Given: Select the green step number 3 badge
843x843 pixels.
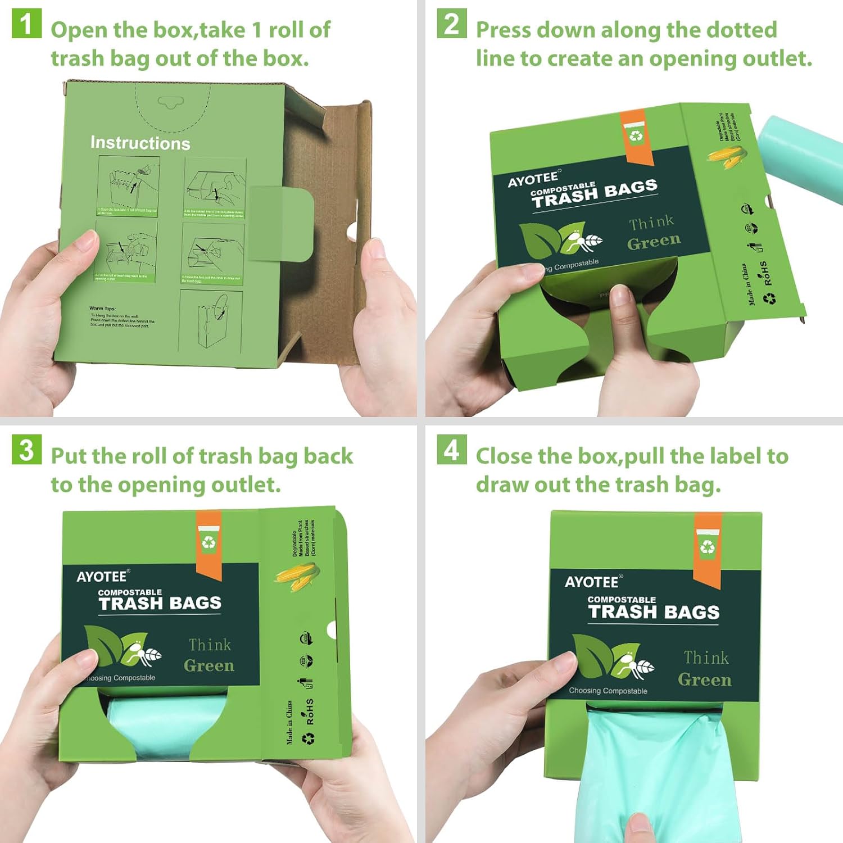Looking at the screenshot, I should click(x=26, y=450).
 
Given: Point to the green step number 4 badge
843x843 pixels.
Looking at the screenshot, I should click(x=451, y=450).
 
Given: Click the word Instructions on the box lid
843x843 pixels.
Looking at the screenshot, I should click(x=140, y=143).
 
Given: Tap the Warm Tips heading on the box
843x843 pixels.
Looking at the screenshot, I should click(x=102, y=309).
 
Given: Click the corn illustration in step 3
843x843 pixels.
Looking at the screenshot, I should click(x=297, y=575).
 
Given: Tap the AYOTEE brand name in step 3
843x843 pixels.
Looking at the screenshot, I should click(x=102, y=577).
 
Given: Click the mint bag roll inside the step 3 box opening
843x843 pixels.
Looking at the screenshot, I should click(x=166, y=722).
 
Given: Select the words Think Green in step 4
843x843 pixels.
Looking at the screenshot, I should click(x=705, y=669).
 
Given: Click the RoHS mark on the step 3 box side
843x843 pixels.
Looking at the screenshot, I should click(x=310, y=711).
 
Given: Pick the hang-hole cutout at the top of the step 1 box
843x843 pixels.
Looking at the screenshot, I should click(x=170, y=102).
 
